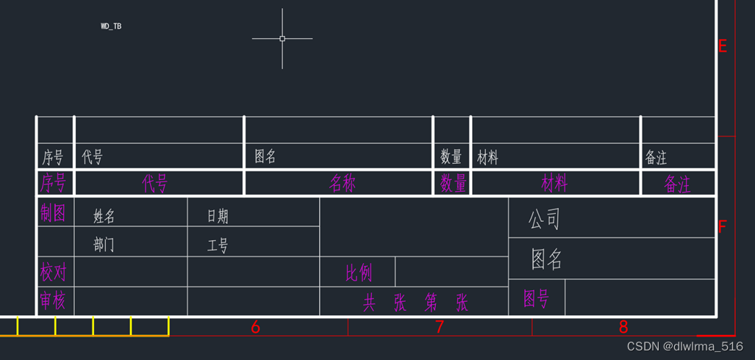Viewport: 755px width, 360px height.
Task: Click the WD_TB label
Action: point(111,26)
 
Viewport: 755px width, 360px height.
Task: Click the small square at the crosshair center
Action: point(282,38)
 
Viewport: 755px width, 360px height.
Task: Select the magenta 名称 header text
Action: point(343,184)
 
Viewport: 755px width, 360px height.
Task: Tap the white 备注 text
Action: point(656,157)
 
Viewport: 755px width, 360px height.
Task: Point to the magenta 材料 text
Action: point(554,184)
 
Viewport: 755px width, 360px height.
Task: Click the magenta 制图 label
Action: point(52,213)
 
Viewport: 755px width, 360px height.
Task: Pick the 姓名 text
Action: point(104,217)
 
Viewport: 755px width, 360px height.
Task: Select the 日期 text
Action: point(218,217)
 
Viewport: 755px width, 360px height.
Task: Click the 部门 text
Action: point(104,245)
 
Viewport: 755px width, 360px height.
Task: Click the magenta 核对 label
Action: point(52,273)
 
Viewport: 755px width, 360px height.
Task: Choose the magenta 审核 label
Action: point(52,300)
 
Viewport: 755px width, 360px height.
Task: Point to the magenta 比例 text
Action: point(359,273)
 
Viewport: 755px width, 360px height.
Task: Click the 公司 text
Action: point(545,219)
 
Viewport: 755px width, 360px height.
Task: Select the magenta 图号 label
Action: point(536,298)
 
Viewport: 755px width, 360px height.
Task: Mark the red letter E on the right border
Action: point(722,47)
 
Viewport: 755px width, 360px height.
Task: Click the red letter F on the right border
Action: point(722,227)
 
